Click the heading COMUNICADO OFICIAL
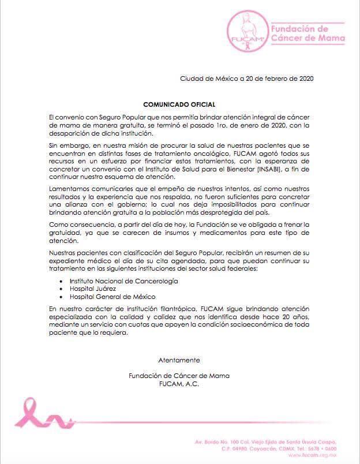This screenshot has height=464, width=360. (179, 104)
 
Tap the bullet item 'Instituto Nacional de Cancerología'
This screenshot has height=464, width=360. (123, 280)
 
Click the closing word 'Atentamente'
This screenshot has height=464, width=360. (179, 360)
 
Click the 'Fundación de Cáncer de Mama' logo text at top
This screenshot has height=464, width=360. (308, 34)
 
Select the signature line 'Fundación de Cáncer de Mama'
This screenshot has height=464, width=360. (179, 376)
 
